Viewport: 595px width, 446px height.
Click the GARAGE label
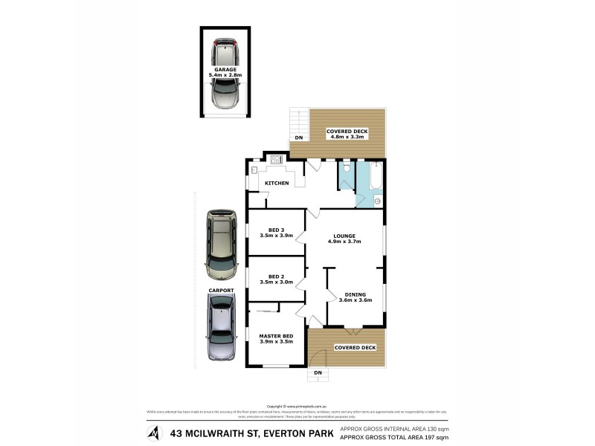[x=225, y=70]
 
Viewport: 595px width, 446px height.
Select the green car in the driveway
[x=222, y=242]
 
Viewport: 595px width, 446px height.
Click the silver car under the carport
[x=222, y=327]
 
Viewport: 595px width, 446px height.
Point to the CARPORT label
[x=222, y=291]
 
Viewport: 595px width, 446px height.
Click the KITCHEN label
[x=277, y=184]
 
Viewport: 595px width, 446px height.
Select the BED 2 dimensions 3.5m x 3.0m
[x=277, y=282]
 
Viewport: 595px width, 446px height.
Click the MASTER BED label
[x=276, y=337]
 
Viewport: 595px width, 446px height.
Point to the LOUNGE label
[x=344, y=236]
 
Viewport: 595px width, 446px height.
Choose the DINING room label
[x=356, y=294]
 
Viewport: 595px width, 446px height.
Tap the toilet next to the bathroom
[x=347, y=169]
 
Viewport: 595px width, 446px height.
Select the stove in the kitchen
[x=277, y=158]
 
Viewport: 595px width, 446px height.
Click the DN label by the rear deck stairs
[x=298, y=138]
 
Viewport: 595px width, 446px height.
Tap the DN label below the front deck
[x=318, y=372]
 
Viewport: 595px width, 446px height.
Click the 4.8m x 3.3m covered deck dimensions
[x=347, y=137]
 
